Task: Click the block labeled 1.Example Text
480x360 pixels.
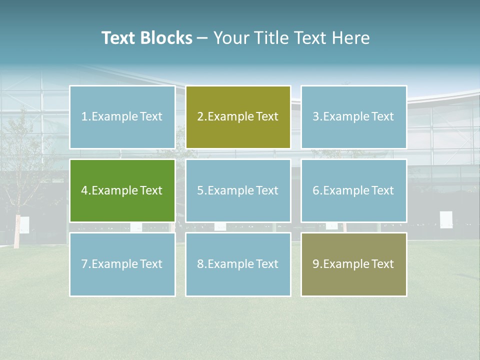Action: [122, 117]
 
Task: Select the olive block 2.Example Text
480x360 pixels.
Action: [238, 117]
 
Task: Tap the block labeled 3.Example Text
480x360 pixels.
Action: [353, 117]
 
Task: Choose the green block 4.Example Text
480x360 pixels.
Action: [122, 190]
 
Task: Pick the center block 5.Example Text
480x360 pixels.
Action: [238, 190]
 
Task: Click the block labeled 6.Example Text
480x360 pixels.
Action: [353, 190]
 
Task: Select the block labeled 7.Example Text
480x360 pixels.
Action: [122, 264]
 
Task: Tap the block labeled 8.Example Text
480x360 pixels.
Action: [238, 264]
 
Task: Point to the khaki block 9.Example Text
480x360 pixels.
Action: [353, 264]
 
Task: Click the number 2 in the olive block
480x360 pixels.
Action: [200, 117]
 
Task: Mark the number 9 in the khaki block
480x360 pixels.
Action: [316, 264]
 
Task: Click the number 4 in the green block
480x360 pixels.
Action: [84, 190]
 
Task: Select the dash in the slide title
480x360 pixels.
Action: [202, 38]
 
